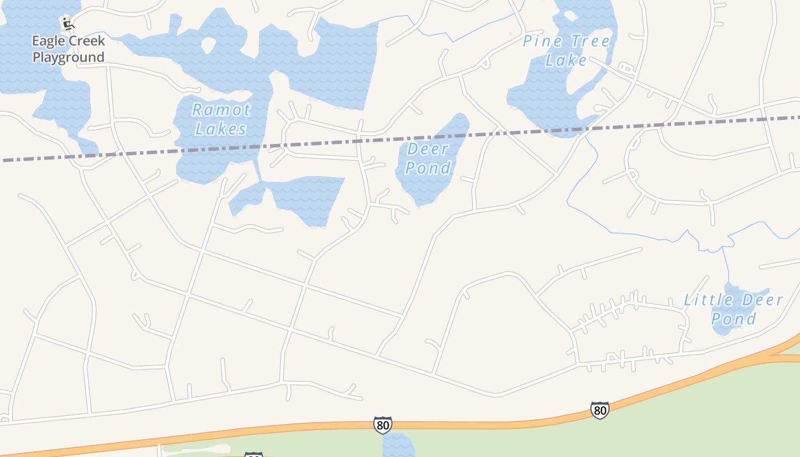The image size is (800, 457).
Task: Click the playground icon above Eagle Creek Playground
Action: click(x=67, y=23)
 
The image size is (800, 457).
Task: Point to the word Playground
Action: click(x=68, y=57)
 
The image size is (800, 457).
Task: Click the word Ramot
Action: click(x=221, y=110)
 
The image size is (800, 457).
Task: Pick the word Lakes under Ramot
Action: click(x=221, y=129)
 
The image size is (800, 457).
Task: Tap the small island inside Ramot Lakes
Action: click(x=209, y=45)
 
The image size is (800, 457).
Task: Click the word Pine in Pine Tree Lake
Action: click(x=539, y=41)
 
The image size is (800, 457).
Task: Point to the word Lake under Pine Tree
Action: click(x=566, y=60)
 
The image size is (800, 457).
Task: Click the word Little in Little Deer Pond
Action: click(x=709, y=300)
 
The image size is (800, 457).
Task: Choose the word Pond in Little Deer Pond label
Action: click(x=734, y=319)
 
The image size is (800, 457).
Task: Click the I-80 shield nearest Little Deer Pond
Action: click(x=599, y=410)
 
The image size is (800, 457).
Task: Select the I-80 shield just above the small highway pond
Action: click(x=383, y=425)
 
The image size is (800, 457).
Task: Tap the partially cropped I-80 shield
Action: click(x=254, y=455)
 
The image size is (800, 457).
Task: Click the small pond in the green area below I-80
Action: click(x=398, y=446)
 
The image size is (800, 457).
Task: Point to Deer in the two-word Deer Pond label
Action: click(x=428, y=150)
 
